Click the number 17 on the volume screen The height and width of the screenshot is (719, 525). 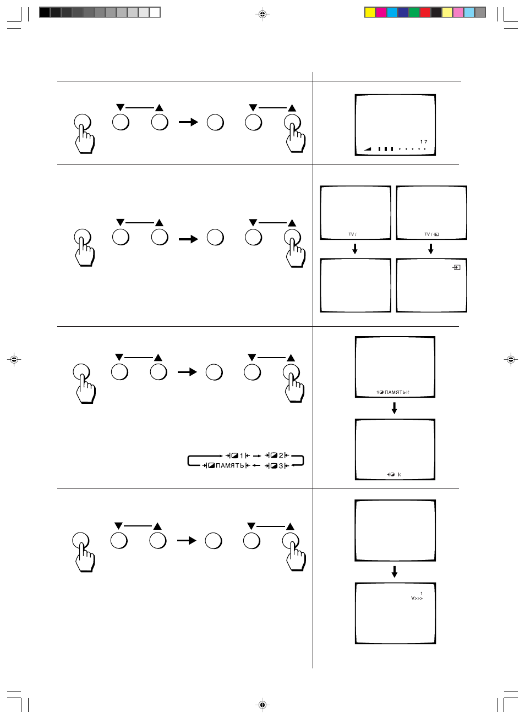click(x=424, y=141)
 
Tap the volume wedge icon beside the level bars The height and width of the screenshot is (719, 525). click(x=368, y=149)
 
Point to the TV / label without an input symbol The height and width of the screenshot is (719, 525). click(x=352, y=234)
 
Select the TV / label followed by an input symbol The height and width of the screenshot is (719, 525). click(x=431, y=234)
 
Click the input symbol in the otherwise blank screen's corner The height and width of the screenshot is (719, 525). click(x=456, y=267)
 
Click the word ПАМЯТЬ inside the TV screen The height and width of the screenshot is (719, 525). click(x=396, y=392)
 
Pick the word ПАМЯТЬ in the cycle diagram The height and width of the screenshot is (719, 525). click(x=230, y=465)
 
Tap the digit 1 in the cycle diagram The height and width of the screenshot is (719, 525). click(x=242, y=456)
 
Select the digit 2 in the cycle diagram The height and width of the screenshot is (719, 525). click(x=281, y=455)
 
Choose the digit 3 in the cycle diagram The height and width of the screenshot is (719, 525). click(x=281, y=466)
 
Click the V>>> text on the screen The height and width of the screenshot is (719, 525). click(x=417, y=598)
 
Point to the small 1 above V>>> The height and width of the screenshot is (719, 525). click(x=422, y=594)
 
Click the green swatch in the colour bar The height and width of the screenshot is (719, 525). click(x=414, y=12)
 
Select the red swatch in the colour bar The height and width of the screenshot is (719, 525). click(x=425, y=12)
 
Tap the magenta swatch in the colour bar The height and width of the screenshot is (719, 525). click(x=381, y=12)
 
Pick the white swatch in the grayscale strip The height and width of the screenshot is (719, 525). click(x=155, y=12)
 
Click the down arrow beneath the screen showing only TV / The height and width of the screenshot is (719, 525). click(x=355, y=249)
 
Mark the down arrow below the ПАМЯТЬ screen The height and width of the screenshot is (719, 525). click(x=395, y=408)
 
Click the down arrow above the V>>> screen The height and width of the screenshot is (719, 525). click(x=395, y=572)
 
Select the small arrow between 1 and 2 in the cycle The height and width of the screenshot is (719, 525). click(x=257, y=456)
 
